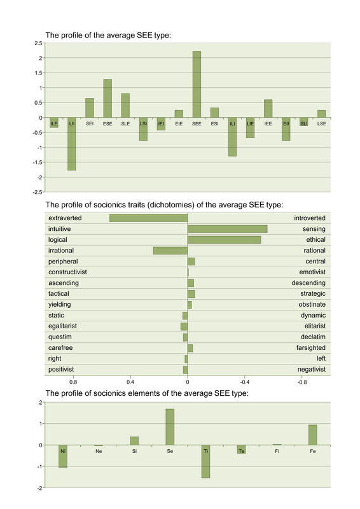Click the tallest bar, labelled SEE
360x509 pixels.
tap(197, 84)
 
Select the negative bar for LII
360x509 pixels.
tap(72, 144)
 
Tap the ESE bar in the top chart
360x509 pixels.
tap(107, 99)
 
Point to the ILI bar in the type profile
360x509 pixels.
tap(232, 137)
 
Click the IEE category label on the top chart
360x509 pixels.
tap(268, 123)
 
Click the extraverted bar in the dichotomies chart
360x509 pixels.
tap(148, 218)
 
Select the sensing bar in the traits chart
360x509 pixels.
tap(228, 229)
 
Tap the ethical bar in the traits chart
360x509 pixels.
tap(225, 240)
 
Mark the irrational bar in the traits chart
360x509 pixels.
tap(170, 251)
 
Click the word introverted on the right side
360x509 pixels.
tap(310, 218)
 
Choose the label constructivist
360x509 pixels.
tap(67, 272)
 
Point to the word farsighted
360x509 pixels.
tap(310, 348)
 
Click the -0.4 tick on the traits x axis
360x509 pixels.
tap(244, 382)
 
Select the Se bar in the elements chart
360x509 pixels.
tap(170, 427)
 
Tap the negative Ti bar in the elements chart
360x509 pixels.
tap(205, 461)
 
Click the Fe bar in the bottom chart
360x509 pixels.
tap(312, 435)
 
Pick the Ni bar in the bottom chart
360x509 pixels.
tap(63, 456)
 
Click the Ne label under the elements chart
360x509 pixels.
tap(99, 451)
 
